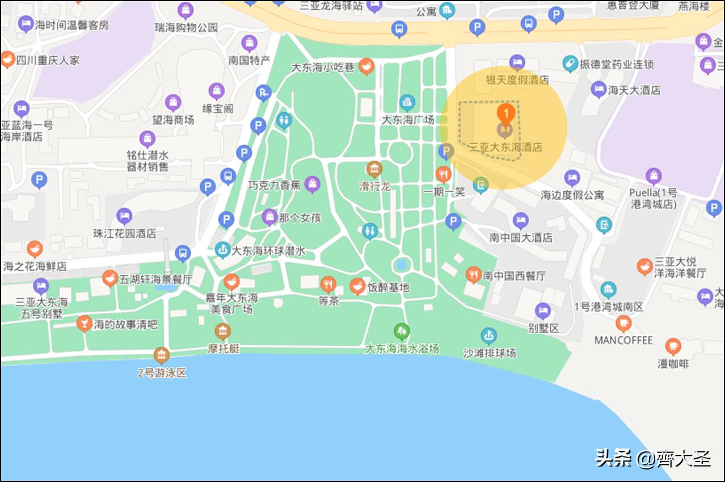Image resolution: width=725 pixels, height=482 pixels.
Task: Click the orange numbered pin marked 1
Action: point(506,112)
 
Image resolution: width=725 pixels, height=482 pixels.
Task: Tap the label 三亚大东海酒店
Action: point(505,147)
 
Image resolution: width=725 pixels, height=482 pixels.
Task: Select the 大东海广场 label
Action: point(407,120)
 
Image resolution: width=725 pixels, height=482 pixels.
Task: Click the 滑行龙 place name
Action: point(374,186)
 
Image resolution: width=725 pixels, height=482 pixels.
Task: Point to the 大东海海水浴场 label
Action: point(402,348)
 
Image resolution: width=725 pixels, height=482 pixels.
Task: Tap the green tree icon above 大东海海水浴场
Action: point(402,331)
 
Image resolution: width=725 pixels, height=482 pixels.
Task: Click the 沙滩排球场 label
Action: point(489,353)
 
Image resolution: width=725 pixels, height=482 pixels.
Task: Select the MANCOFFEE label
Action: point(623,340)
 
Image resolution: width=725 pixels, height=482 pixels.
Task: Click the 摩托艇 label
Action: point(223,348)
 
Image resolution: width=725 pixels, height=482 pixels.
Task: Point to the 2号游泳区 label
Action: point(162,373)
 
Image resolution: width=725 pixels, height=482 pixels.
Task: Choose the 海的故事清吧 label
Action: point(125,325)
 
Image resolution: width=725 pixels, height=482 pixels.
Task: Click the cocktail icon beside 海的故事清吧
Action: point(84,324)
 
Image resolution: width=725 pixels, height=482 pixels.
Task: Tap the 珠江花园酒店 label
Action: point(124,233)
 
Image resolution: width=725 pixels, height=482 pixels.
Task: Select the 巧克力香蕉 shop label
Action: point(274,185)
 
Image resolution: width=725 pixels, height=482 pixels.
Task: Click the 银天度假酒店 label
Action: point(517,79)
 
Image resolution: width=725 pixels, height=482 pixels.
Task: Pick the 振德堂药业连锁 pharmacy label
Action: point(616,64)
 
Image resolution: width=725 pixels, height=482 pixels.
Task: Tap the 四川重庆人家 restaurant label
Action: point(48,60)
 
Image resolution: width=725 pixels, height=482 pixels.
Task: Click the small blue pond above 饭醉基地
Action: point(402,264)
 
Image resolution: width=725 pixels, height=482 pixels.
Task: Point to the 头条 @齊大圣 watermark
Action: point(652,458)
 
